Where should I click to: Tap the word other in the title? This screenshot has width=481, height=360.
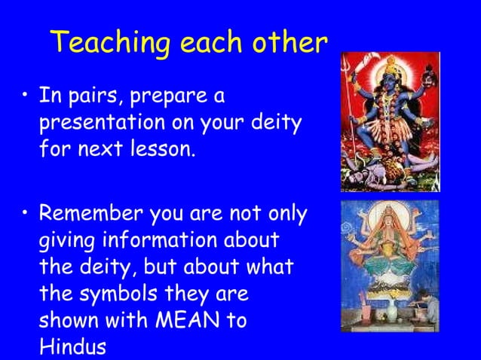[x=290, y=43]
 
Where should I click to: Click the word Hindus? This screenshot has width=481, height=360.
[x=72, y=346]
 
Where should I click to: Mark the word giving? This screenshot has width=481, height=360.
[x=65, y=241]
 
